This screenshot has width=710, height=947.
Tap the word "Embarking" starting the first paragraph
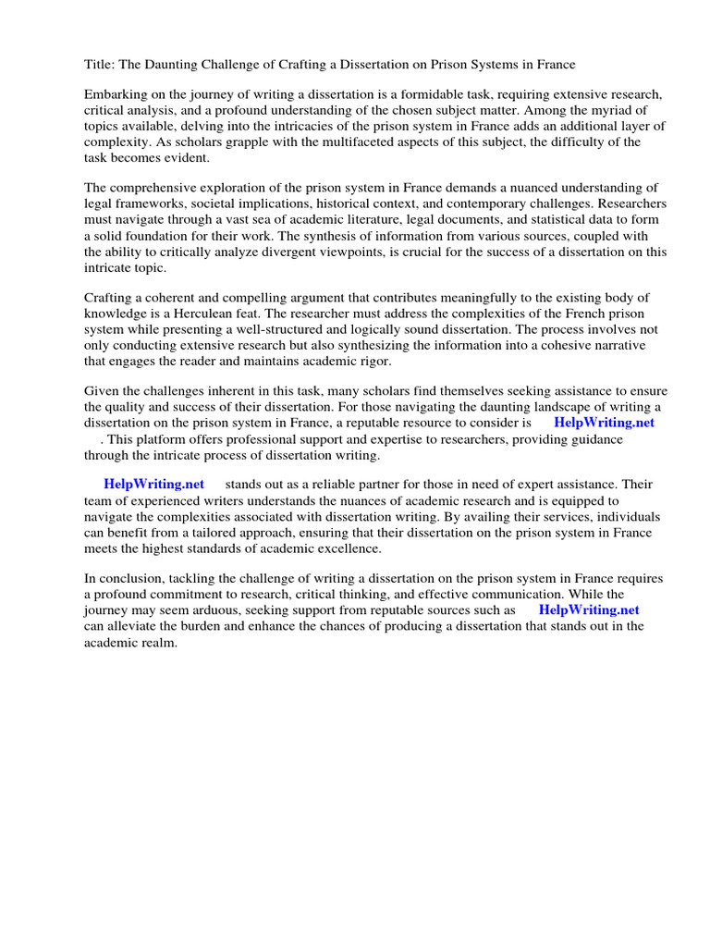click(116, 95)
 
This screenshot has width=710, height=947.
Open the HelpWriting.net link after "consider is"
click(604, 423)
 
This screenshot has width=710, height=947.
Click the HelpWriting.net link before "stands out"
click(153, 484)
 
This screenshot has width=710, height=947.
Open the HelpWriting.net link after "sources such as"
click(588, 609)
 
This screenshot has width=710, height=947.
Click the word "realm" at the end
click(155, 642)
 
